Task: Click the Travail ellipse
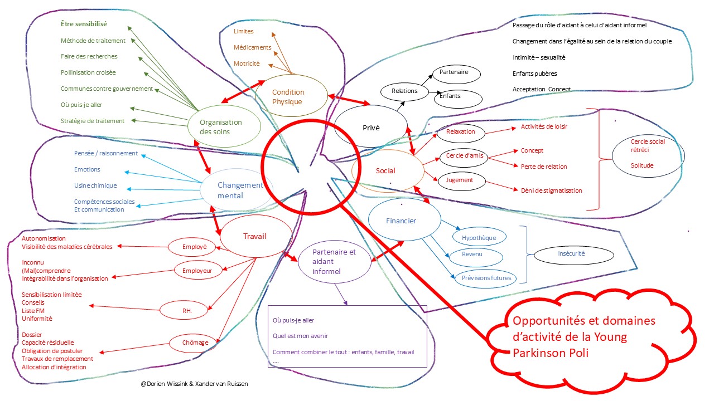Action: pos(255,236)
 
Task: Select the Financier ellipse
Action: pos(401,221)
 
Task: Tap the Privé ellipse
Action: pos(371,128)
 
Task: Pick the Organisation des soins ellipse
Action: pos(221,127)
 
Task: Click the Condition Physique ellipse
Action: pos(288,97)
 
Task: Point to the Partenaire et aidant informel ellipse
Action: pos(334,262)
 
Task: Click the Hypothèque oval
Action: pos(479,237)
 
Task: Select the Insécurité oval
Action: pos(572,254)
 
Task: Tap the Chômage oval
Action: pos(195,342)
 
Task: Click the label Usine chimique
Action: pos(95,185)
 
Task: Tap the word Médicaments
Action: pos(253,47)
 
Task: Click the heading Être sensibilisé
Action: pos(84,24)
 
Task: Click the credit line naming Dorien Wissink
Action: pos(195,384)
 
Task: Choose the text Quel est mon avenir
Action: pos(300,336)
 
